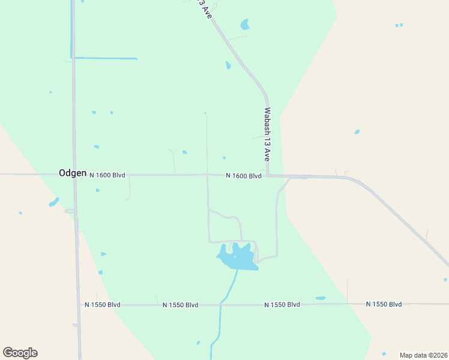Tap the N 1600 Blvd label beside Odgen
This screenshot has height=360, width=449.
pyautogui.click(x=107, y=175)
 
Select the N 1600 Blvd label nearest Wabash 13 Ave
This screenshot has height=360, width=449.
pyautogui.click(x=244, y=176)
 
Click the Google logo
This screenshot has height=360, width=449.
pyautogui.click(x=20, y=353)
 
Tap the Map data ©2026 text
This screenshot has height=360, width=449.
pyautogui.click(x=423, y=355)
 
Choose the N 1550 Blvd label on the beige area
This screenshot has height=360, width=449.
pyautogui.click(x=384, y=304)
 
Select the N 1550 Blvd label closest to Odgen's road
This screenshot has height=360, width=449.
pyautogui.click(x=102, y=305)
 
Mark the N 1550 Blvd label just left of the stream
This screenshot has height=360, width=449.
pyautogui.click(x=180, y=305)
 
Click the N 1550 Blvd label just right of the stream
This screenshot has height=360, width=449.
pyautogui.click(x=282, y=305)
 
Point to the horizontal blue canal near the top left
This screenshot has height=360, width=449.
pyautogui.click(x=105, y=58)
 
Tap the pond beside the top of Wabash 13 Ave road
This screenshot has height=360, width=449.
pyautogui.click(x=244, y=25)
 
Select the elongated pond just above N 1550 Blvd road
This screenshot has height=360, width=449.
pyautogui.click(x=320, y=298)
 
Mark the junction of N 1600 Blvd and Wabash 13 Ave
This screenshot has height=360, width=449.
pyautogui.click(x=268, y=176)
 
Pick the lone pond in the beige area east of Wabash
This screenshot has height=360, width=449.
pyautogui.click(x=357, y=132)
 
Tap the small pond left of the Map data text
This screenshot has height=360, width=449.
pyautogui.click(x=384, y=354)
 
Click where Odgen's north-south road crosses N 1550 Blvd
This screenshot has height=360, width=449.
pyautogui.click(x=79, y=305)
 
